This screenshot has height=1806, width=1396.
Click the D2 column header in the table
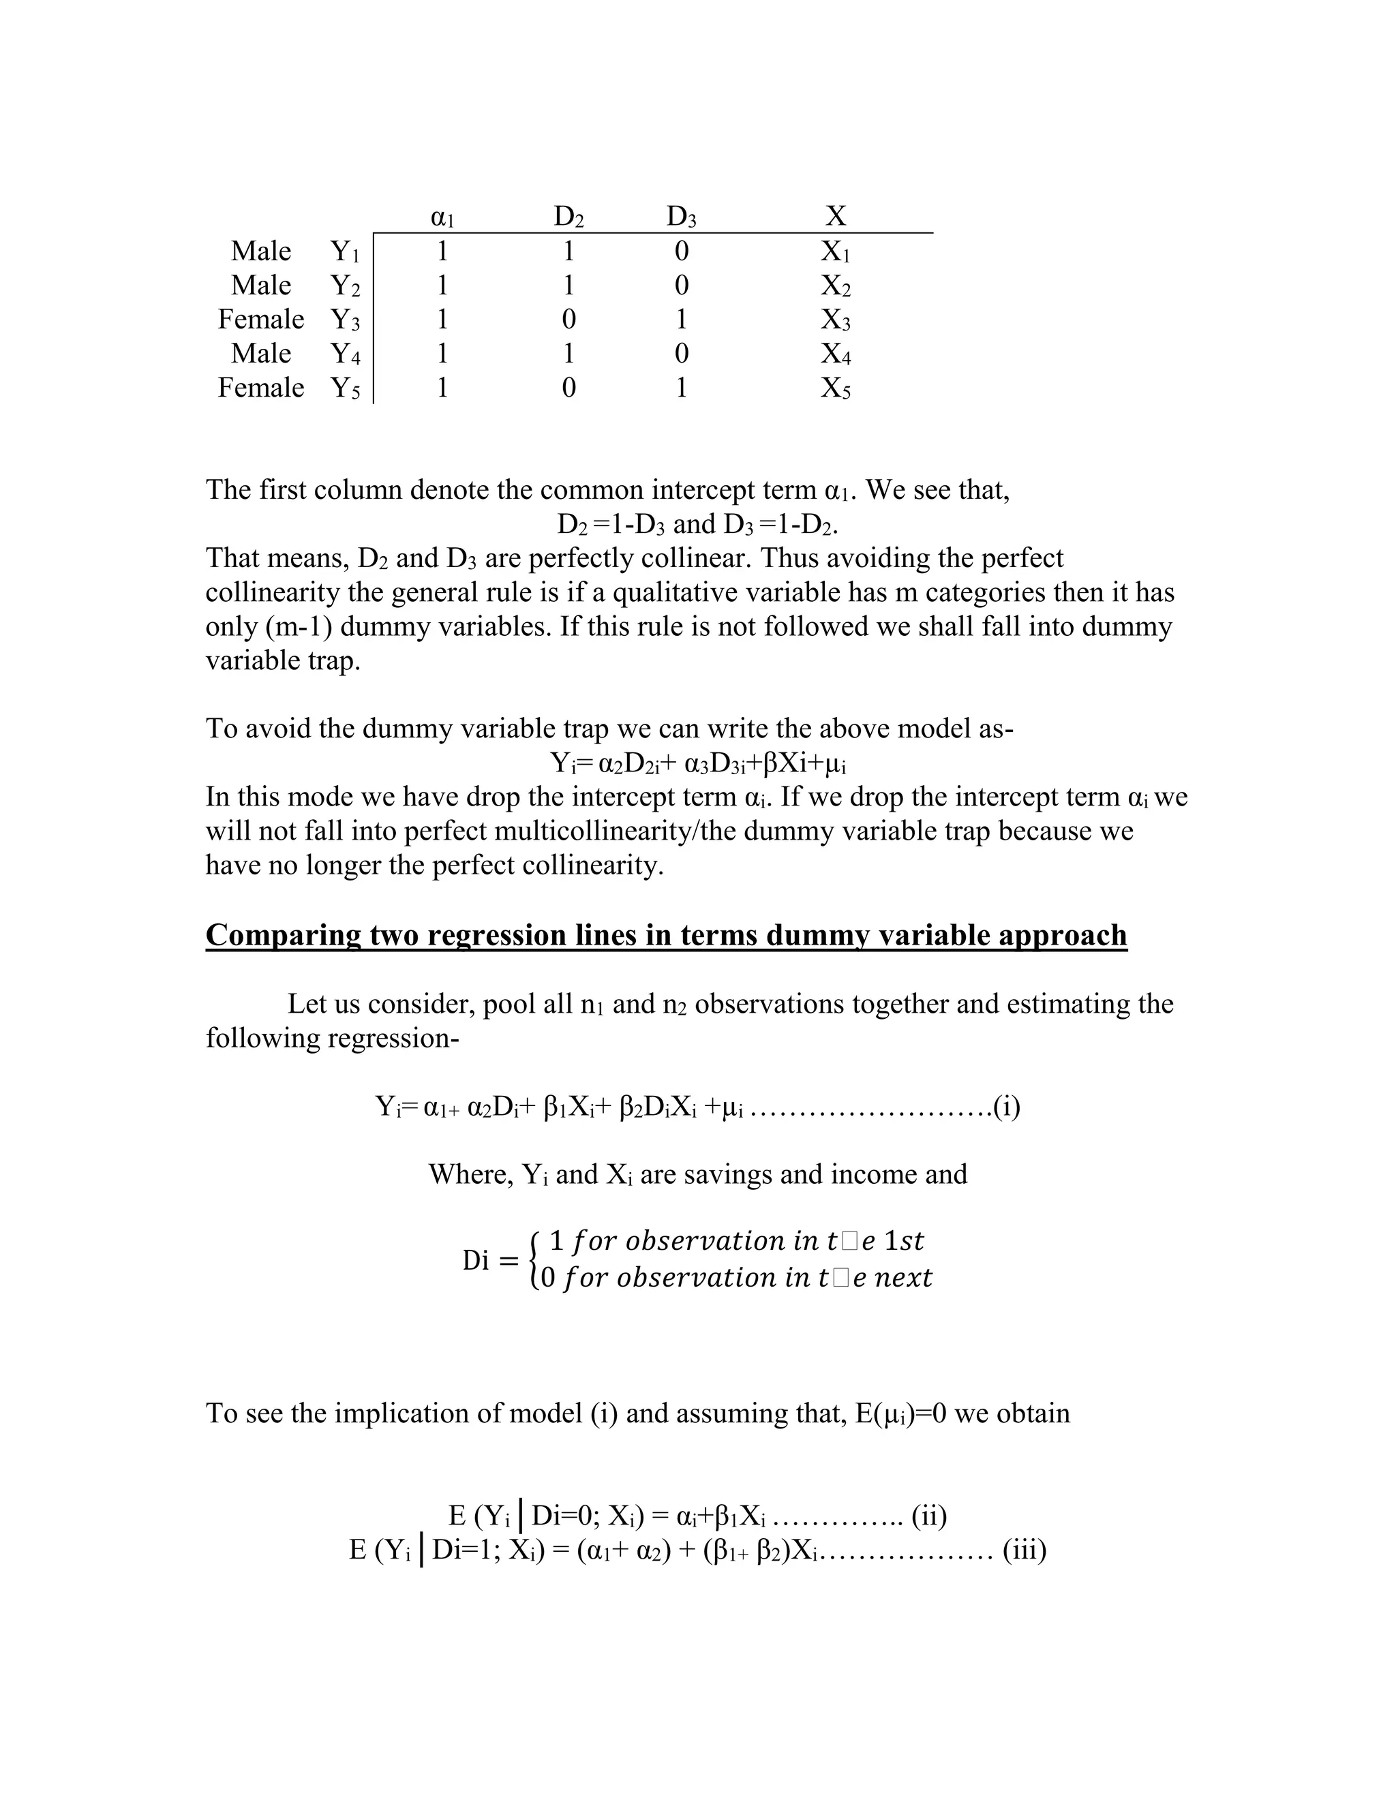pos(568,217)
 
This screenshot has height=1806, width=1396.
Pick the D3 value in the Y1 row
pos(682,251)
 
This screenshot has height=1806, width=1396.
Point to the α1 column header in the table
pos(442,217)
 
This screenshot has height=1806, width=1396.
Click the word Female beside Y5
pos(260,388)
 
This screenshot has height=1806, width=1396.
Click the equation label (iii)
pos(1025,1550)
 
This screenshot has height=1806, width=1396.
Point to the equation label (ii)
pos(929,1516)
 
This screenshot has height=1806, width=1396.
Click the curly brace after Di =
pos(535,1260)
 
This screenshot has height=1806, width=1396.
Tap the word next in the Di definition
pos(903,1279)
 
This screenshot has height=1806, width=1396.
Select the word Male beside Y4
pos(260,354)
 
